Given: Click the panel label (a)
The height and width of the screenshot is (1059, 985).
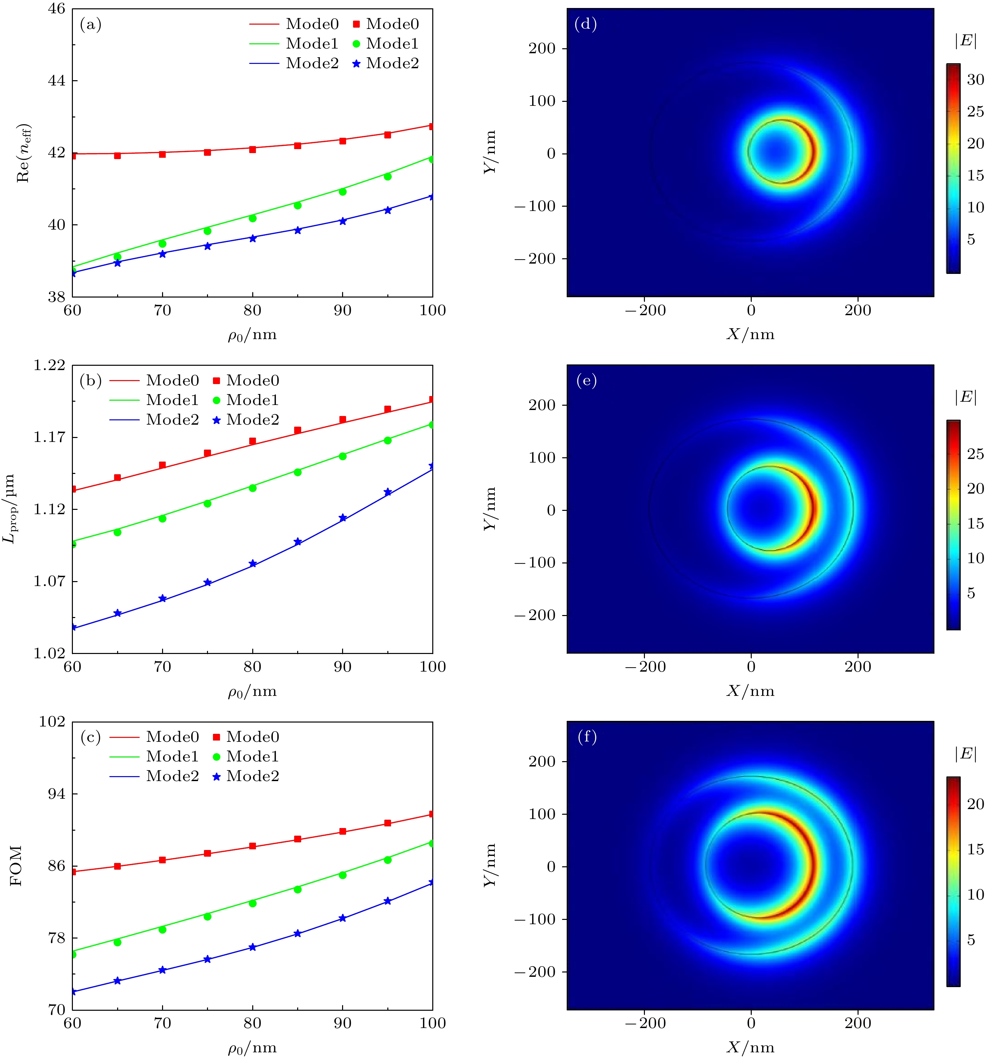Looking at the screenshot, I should [x=90, y=25].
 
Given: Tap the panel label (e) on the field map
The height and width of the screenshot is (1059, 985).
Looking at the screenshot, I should [x=586, y=381].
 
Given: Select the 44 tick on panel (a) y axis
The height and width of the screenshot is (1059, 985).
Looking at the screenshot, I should [x=57, y=81].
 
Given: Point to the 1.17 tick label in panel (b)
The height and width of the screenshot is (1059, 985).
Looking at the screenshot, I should [x=49, y=437].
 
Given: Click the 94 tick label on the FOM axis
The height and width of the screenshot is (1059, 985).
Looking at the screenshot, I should [x=57, y=794].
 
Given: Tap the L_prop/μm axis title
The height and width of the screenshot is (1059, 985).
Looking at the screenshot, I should [x=11, y=509].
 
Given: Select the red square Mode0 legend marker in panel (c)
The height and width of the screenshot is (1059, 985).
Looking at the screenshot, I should [x=216, y=737].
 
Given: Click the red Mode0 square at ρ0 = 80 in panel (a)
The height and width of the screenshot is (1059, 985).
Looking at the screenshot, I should [x=253, y=149].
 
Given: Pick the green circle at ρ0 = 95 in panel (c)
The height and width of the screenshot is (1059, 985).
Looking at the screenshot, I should [x=388, y=860].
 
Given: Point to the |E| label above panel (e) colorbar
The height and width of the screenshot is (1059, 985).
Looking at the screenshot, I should [x=965, y=397].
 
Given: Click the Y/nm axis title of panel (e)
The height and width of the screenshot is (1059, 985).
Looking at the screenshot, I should [x=491, y=509].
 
